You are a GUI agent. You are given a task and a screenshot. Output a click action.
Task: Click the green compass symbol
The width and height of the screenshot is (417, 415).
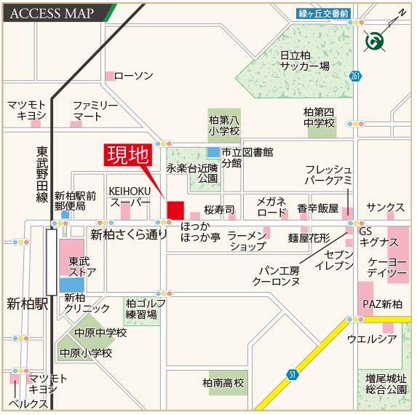tap(376, 41)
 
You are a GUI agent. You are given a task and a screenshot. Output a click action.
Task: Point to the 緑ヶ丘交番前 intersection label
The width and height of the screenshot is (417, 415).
tap(323, 13)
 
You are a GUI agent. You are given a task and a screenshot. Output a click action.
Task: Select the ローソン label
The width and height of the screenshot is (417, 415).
tap(134, 76)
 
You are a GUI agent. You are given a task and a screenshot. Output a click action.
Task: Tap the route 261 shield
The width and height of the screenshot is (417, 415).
tap(354, 76)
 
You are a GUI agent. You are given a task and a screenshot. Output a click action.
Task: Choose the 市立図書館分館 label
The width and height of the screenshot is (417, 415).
tap(247, 157)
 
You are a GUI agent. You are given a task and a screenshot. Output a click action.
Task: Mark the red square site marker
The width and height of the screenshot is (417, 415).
tap(175, 210)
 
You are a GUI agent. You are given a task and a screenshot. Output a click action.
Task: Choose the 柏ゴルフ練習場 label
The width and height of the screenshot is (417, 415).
tap(140, 309)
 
